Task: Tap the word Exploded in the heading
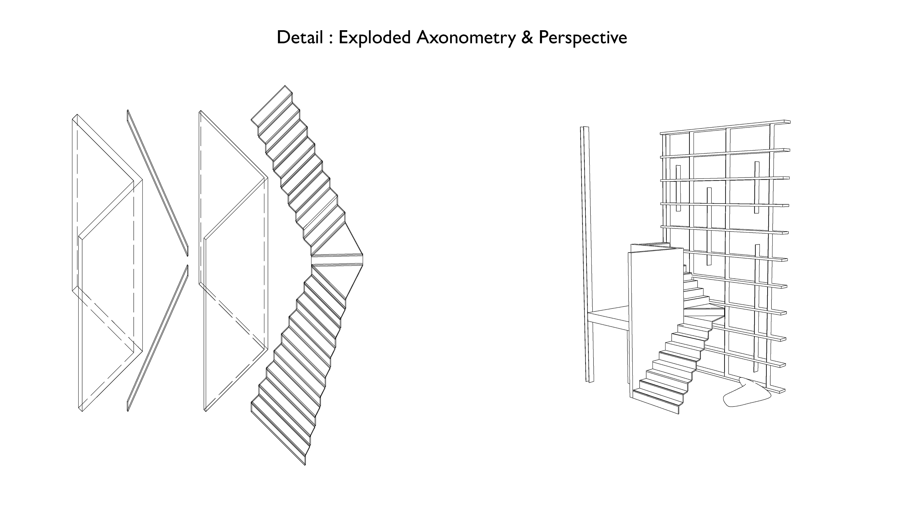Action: coord(375,38)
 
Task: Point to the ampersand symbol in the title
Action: coord(527,38)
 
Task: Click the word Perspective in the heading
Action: coord(583,38)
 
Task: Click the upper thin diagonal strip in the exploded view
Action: coord(157,183)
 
